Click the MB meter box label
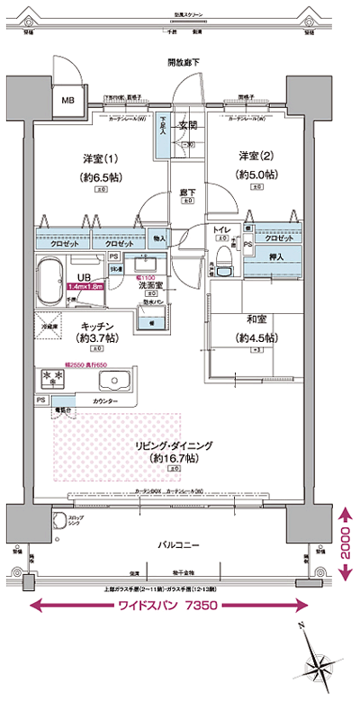[x=67, y=100]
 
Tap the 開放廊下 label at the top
[x=184, y=62]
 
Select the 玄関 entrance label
[x=186, y=125]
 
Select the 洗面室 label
[x=149, y=284]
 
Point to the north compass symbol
[x=319, y=665]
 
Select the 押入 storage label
[x=277, y=257]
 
